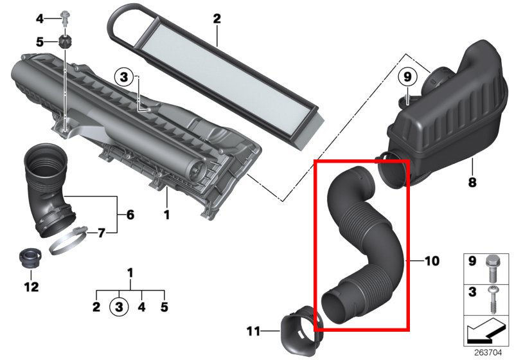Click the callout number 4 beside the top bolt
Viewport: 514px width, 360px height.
click(x=40, y=19)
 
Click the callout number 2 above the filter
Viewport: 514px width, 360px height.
click(x=217, y=19)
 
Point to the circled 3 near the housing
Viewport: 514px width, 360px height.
click(x=124, y=77)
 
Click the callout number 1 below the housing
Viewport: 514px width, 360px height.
click(x=167, y=215)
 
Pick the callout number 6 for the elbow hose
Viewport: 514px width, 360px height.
click(x=130, y=215)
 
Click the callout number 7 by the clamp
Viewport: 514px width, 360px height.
click(x=102, y=233)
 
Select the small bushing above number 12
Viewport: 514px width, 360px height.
click(x=30, y=258)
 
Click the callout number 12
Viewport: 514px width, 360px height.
click(x=31, y=287)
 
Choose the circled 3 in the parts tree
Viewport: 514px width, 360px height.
click(x=119, y=307)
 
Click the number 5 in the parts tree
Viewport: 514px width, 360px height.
click(x=164, y=307)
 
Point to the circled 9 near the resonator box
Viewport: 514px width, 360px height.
click(x=407, y=77)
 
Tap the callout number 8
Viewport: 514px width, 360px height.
click(x=472, y=183)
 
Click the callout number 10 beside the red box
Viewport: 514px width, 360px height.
click(x=432, y=261)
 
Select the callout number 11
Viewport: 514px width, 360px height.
click(x=253, y=331)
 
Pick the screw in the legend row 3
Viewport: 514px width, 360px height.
click(x=492, y=300)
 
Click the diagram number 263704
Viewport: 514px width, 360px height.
click(x=488, y=352)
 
